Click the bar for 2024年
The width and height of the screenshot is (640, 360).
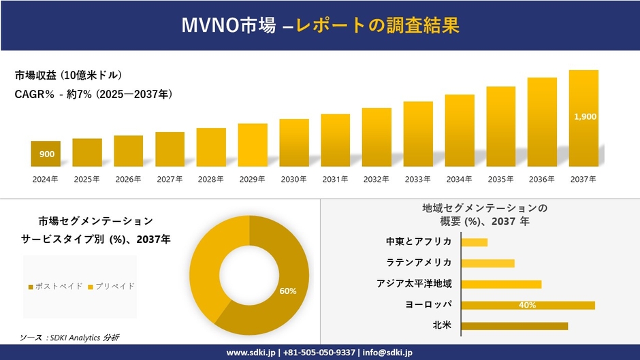point(46,154)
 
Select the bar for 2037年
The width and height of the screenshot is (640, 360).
point(583,118)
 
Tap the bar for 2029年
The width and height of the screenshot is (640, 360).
point(253,145)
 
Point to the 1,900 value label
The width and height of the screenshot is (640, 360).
point(585,117)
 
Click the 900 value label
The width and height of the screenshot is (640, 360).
point(46,154)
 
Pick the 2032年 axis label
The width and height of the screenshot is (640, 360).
point(377,179)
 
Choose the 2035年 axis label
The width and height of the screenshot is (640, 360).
point(501,179)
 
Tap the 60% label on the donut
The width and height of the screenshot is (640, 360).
point(287,291)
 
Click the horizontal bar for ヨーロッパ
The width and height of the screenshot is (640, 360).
point(528,305)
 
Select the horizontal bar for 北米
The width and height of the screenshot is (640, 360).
point(514,326)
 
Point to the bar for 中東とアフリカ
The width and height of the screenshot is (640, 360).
point(474,242)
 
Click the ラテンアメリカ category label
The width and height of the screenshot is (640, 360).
point(418,263)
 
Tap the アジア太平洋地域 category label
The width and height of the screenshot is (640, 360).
point(413,284)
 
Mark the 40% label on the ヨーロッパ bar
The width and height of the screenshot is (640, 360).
point(527,305)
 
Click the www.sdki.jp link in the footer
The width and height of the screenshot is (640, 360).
point(251,353)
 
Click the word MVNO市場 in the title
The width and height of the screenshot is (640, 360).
point(228,25)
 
